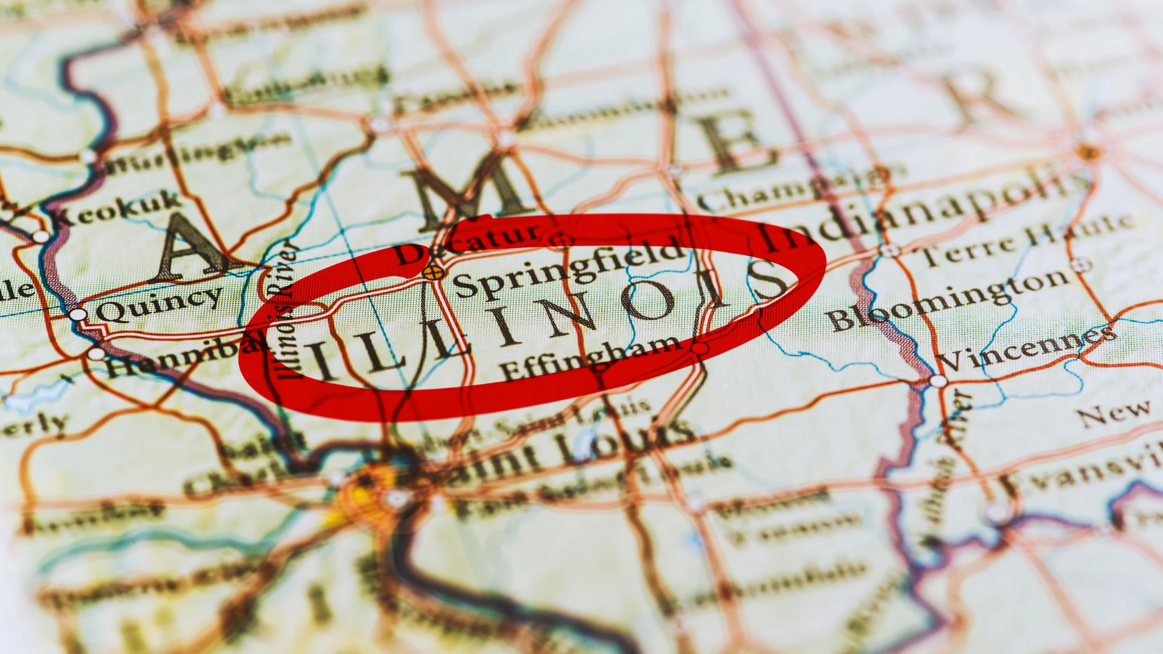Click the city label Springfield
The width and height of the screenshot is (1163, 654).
point(569,269)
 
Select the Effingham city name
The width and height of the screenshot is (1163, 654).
point(589,358)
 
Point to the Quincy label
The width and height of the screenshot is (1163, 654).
point(159,303)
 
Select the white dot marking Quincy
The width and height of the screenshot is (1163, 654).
point(78,315)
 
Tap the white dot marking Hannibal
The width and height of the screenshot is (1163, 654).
point(97,354)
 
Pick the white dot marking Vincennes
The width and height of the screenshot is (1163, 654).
point(938,381)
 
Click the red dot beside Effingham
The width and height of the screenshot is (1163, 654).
point(700,348)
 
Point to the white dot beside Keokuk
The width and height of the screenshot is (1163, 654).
point(40,237)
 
